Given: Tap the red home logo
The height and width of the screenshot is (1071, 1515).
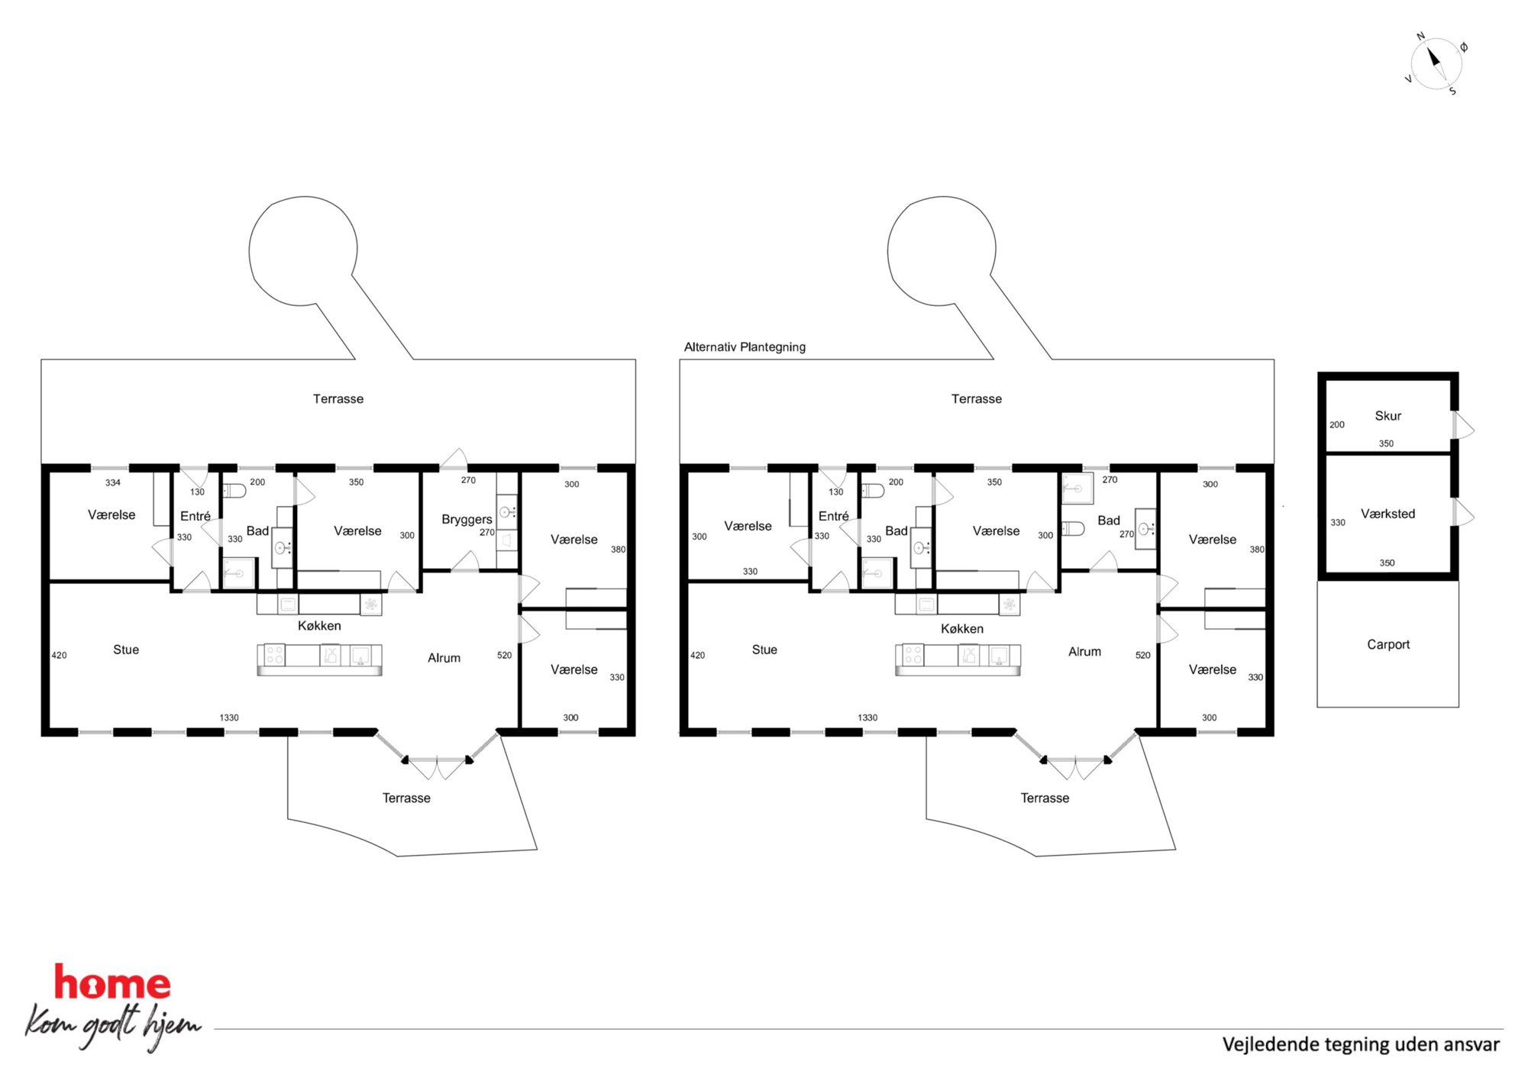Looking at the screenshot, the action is (x=112, y=982).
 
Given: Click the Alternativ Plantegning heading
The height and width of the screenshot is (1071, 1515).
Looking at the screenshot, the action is (x=745, y=347).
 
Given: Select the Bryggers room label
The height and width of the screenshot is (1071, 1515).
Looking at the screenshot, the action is (x=467, y=519).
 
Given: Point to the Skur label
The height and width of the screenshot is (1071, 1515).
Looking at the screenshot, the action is (x=1387, y=415).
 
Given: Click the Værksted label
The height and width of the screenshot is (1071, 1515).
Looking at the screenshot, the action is (x=1387, y=514).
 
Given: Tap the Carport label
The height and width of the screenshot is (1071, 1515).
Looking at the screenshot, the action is (x=1388, y=644).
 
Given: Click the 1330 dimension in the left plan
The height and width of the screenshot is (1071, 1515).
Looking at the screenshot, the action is (x=229, y=718).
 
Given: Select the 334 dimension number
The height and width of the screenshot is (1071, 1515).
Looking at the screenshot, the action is (x=113, y=482).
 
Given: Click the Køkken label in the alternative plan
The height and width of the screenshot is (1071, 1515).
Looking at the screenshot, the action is (x=962, y=628).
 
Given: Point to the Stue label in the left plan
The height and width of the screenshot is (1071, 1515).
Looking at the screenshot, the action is (x=126, y=650).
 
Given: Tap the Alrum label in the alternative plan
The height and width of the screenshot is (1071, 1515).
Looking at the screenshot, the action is (x=1084, y=651).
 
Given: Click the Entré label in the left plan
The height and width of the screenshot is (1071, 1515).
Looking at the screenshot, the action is (x=195, y=516).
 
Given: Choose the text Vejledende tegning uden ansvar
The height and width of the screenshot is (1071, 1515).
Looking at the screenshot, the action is (x=1361, y=1044).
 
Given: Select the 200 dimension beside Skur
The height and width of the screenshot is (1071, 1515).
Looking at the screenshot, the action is (x=1336, y=424).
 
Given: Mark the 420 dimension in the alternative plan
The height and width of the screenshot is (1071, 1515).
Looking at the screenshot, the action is (x=697, y=655).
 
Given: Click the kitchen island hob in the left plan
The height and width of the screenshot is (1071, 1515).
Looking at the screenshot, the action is (x=274, y=655).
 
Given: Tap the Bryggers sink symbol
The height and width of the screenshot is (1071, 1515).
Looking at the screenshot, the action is (x=507, y=511).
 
